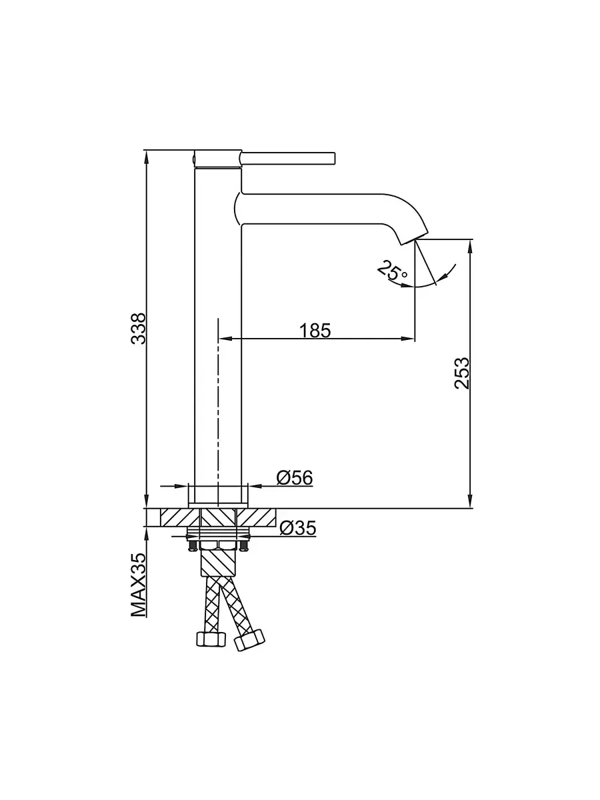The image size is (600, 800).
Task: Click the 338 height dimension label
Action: point(137,328)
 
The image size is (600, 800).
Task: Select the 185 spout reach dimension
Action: point(315,329)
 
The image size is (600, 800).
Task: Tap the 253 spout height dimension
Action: point(462,373)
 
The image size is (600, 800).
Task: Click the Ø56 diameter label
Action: point(294,477)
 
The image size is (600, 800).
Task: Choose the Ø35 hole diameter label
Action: point(297,528)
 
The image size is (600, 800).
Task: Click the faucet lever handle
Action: point(288,157)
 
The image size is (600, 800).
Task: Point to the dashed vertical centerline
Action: point(219,400)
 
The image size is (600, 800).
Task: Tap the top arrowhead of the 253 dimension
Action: point(471,245)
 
